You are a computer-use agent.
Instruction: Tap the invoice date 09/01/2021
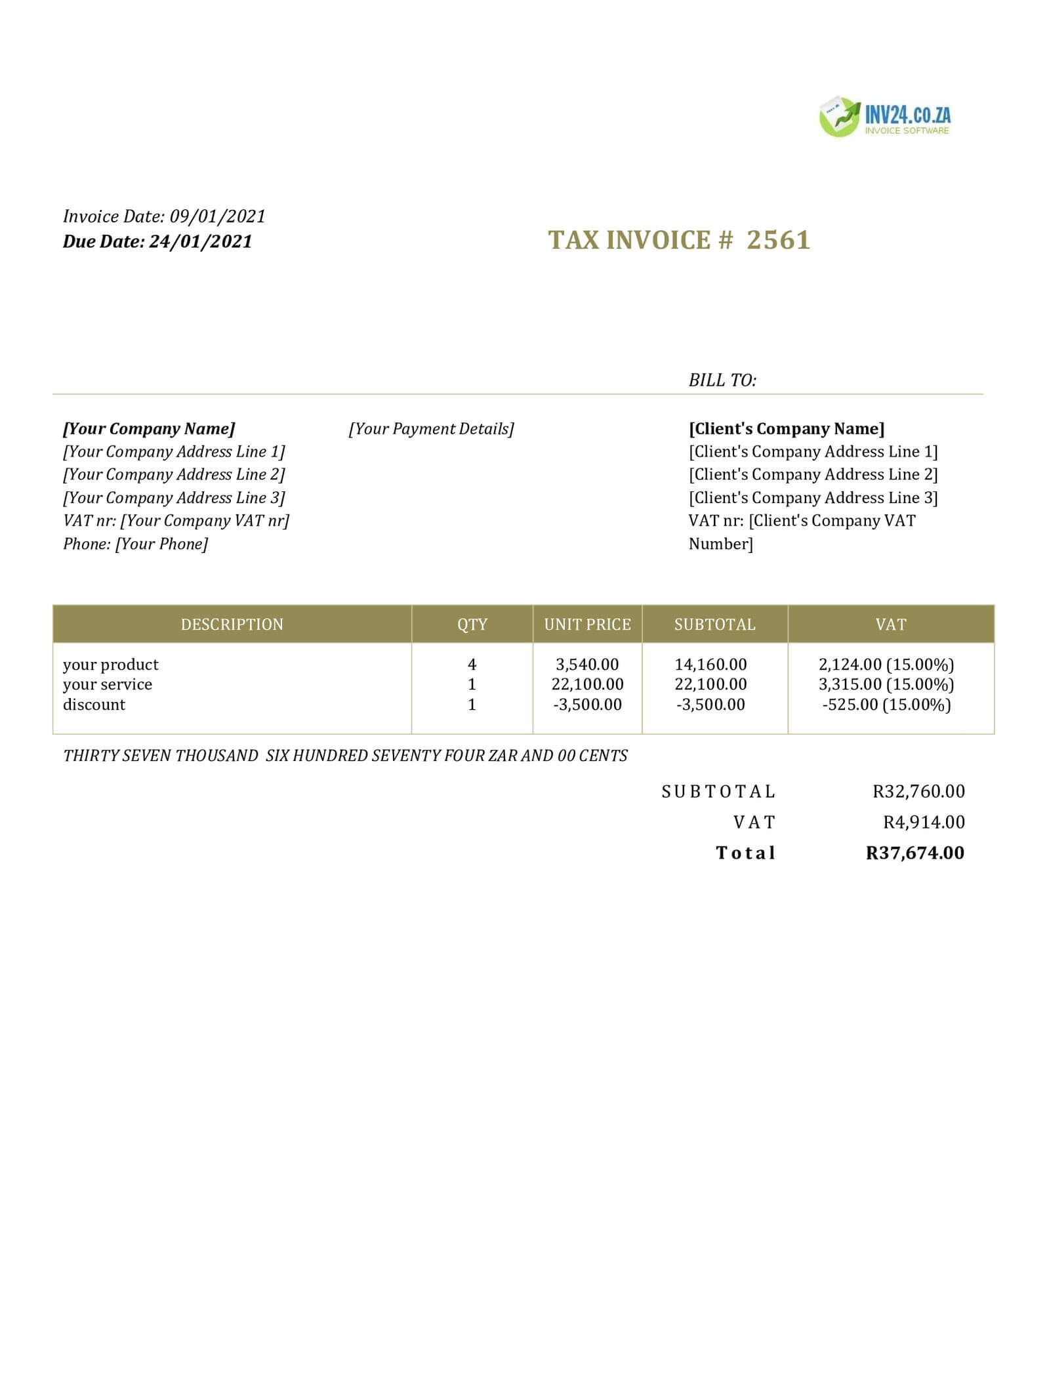(x=218, y=216)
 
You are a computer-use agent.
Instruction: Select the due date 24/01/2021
(x=201, y=242)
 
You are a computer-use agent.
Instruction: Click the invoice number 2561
(x=779, y=241)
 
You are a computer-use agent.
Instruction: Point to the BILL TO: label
(x=722, y=380)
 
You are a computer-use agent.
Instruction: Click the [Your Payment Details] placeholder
(x=431, y=429)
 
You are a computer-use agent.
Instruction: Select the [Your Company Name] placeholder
(x=149, y=429)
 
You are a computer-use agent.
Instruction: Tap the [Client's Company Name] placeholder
(x=787, y=429)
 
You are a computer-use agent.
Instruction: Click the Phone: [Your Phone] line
(x=135, y=544)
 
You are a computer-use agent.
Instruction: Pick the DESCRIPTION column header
(x=232, y=625)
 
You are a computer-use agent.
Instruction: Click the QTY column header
(x=472, y=625)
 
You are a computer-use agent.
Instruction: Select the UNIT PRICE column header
(x=587, y=625)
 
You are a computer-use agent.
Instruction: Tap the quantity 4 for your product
(x=472, y=665)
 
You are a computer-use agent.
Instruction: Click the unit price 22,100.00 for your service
(x=587, y=684)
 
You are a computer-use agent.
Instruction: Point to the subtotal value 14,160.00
(x=710, y=665)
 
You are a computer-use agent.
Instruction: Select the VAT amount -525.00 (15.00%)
(x=886, y=705)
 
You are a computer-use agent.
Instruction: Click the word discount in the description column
(x=94, y=705)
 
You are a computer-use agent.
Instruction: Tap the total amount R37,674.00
(x=915, y=853)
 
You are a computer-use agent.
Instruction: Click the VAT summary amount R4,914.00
(x=924, y=822)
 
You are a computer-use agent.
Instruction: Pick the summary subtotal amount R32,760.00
(x=918, y=792)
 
